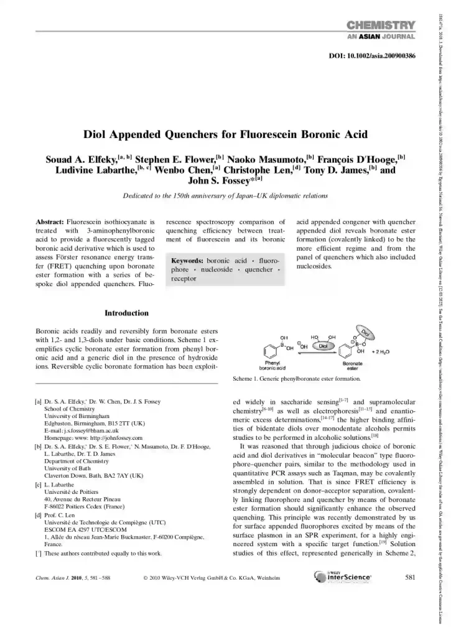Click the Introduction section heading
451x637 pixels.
click(126, 313)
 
